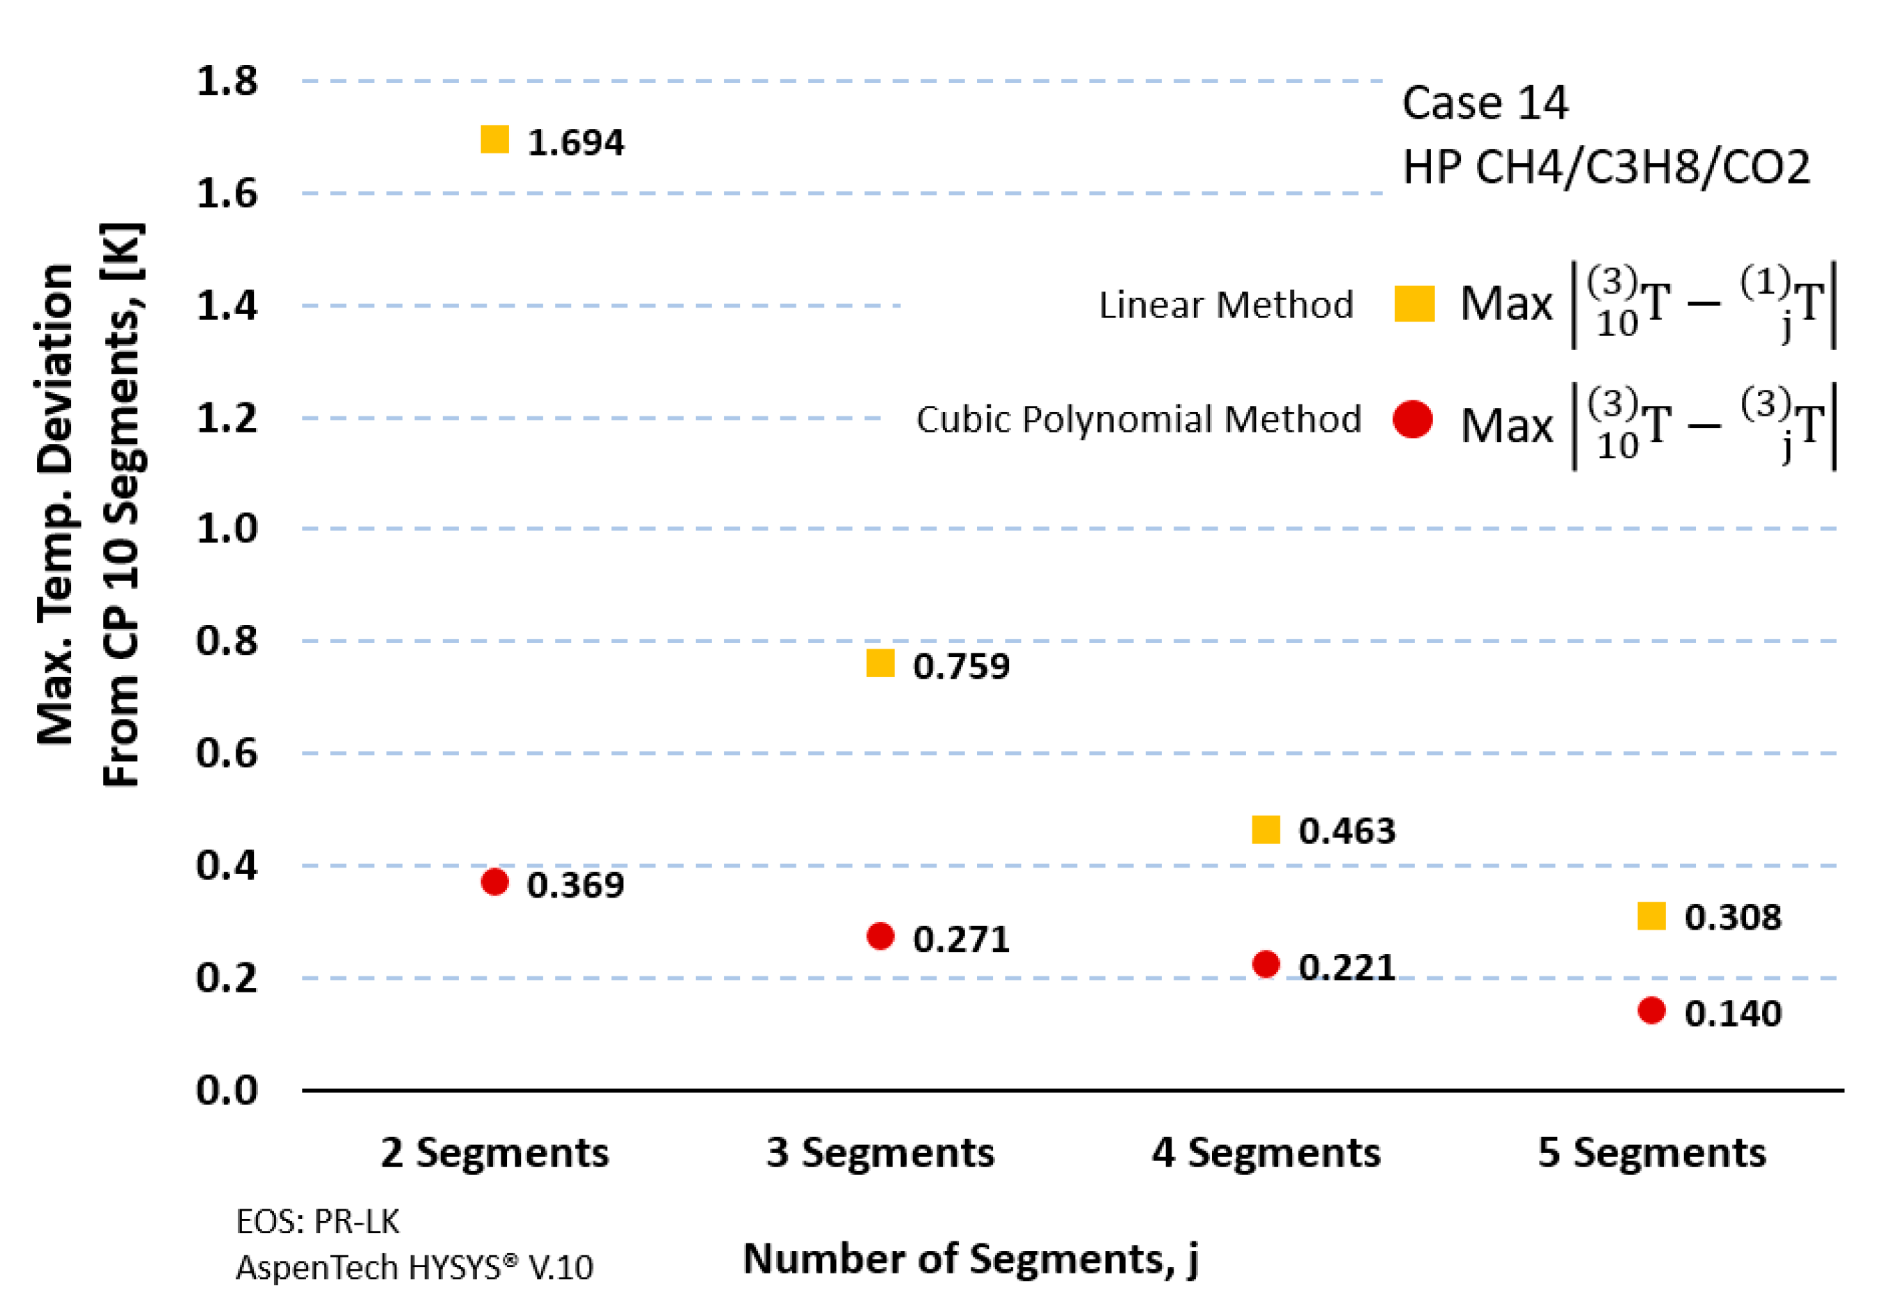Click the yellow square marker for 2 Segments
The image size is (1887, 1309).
(494, 139)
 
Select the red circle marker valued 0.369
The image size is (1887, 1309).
(494, 882)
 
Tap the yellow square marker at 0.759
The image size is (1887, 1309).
(880, 663)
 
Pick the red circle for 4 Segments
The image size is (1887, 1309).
(1266, 964)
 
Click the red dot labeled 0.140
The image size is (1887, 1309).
(1651, 1011)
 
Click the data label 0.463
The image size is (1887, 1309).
(1346, 831)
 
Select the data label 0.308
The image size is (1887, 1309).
(1732, 917)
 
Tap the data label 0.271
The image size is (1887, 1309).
(960, 939)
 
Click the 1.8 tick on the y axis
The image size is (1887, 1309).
(227, 81)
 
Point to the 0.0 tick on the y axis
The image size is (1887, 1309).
(227, 1090)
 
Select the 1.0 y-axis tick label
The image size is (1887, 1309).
(227, 528)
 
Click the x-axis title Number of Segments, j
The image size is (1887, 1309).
(970, 1259)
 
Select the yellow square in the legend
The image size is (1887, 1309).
(1414, 303)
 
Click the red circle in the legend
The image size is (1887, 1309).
(1412, 419)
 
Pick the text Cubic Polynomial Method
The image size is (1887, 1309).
(1137, 419)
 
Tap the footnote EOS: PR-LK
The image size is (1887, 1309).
(317, 1222)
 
